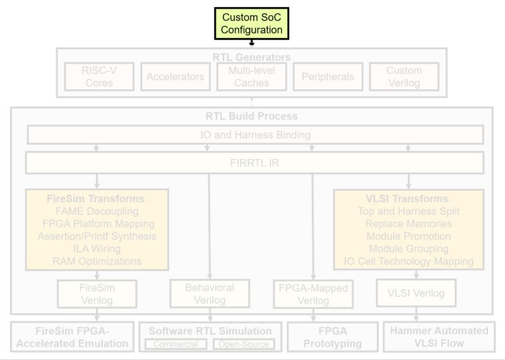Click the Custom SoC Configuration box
point(251,23)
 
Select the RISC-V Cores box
point(99,76)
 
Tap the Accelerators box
point(175,76)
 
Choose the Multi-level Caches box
point(251,76)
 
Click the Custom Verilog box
point(404,76)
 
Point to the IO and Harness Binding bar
point(255,135)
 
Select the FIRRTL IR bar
point(255,163)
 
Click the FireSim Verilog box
point(97,294)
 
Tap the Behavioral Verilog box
point(210,293)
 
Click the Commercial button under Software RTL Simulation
point(175,344)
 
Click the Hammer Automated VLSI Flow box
point(439,337)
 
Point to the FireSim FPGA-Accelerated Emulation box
point(72,337)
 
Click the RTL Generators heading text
point(251,57)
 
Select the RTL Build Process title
point(251,116)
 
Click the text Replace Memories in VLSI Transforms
point(408,224)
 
